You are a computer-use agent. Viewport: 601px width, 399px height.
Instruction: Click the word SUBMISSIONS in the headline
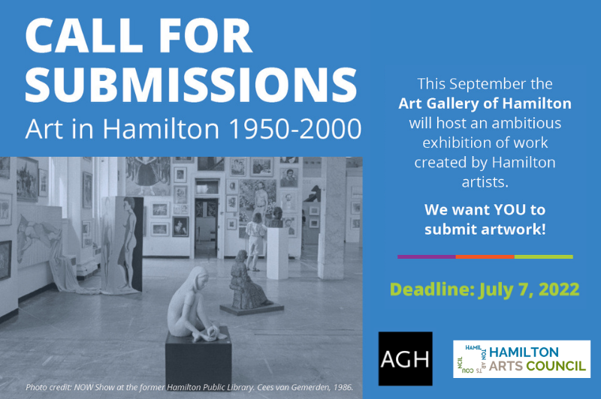[191, 85]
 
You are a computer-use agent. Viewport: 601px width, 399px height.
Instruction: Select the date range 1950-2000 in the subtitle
[294, 128]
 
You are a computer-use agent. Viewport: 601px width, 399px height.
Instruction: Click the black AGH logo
[405, 358]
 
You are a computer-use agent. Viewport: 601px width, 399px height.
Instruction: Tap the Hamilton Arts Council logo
[521, 359]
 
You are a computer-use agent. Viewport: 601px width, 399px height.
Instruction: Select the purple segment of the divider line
[427, 257]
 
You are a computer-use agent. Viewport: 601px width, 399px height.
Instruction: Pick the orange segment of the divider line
[485, 257]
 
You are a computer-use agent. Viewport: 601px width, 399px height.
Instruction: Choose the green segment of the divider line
[543, 257]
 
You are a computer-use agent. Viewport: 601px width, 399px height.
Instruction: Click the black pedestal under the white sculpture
[198, 358]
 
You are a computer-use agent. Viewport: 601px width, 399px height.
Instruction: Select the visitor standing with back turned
[255, 241]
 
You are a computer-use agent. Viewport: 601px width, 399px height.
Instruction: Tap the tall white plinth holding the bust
[277, 253]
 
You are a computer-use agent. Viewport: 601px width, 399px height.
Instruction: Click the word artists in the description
[485, 182]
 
